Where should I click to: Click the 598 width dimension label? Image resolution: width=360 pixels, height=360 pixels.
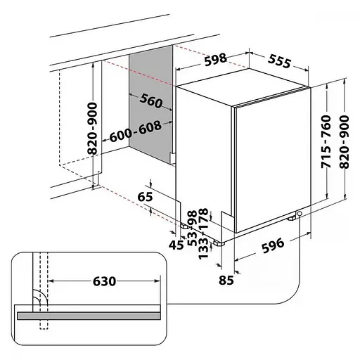point(216,60)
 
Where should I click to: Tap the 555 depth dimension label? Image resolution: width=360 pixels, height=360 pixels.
point(279,61)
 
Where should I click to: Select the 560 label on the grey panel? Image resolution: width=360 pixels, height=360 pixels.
point(151,101)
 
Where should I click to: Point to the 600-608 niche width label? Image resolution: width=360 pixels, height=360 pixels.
point(136,131)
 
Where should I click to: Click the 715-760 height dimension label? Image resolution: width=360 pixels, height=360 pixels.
point(326,142)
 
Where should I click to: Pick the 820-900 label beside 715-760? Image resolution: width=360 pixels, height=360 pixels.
point(345,142)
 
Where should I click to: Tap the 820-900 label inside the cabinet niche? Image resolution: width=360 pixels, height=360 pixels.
point(92,129)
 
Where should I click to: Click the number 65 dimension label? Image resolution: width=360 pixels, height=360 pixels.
point(145,197)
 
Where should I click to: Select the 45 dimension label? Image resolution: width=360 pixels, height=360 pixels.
point(176,245)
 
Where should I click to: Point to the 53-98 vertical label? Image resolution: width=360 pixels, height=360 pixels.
point(193,228)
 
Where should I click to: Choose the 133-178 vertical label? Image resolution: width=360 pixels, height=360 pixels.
point(203,233)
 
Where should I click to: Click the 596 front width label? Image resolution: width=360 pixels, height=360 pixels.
point(273,245)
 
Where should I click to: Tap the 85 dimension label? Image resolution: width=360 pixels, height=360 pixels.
point(226,280)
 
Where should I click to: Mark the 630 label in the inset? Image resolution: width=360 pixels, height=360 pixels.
point(105,281)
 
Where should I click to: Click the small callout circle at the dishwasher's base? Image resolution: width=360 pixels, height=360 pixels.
point(300,213)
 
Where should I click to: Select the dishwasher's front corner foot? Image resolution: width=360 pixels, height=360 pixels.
point(219,243)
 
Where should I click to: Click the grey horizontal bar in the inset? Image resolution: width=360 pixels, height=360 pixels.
point(89,316)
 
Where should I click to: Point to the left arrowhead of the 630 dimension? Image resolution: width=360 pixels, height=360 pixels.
point(51,281)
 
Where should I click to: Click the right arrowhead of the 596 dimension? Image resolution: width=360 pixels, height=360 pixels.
point(308,233)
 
